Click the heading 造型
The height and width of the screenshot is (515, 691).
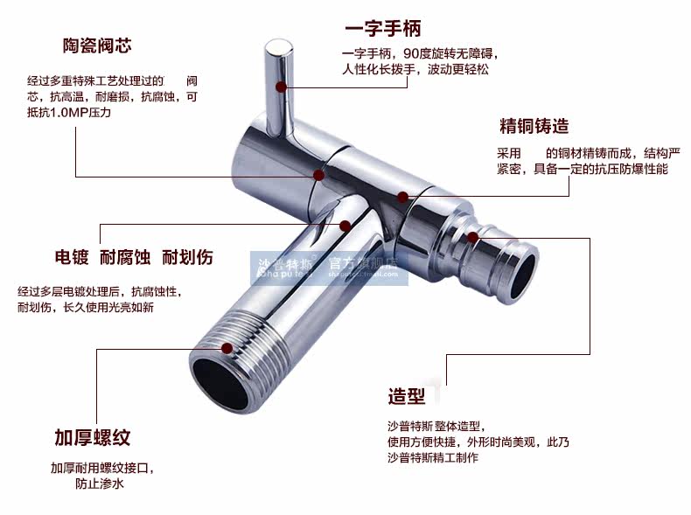pos(407,396)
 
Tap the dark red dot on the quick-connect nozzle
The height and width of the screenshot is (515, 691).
pos(473,236)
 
